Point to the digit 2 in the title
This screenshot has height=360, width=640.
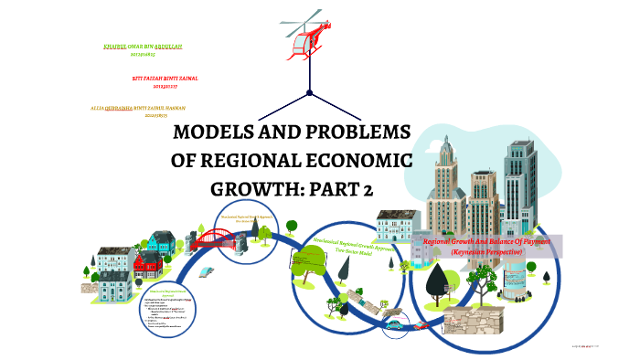click(x=367, y=190)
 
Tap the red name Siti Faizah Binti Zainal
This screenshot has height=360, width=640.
click(x=165, y=79)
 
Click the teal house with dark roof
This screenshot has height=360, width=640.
click(x=160, y=242)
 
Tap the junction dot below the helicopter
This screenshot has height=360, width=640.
click(x=310, y=93)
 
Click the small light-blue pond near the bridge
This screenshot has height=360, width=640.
click(x=208, y=271)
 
